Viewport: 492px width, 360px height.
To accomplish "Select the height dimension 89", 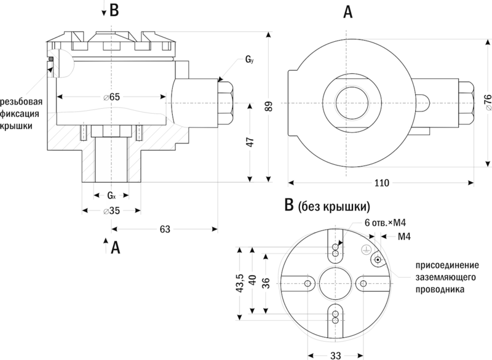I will point(268,106).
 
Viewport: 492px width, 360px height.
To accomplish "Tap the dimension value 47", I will point(249,142).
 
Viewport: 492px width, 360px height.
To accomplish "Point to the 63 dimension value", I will point(164,229).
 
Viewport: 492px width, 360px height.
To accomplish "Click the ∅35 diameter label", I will point(111,210).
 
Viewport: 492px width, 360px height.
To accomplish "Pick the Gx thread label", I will point(111,196).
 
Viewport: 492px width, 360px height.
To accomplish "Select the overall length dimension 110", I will point(381,183).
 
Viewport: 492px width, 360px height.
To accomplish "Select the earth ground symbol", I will point(364,250).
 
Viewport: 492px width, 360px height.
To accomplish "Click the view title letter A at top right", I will point(348,12).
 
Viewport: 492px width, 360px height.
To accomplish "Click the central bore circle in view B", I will point(335,283).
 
